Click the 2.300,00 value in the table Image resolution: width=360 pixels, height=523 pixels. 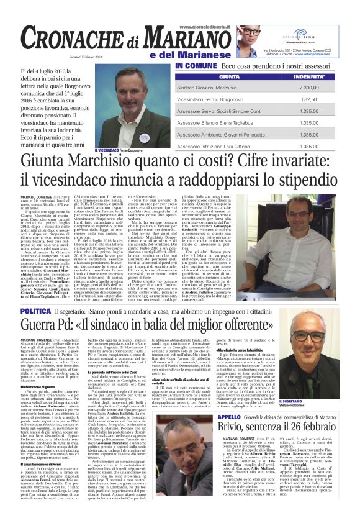click(x=317, y=88)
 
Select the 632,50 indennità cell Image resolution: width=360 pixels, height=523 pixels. click(x=318, y=99)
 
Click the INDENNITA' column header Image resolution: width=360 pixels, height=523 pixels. click(x=318, y=77)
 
